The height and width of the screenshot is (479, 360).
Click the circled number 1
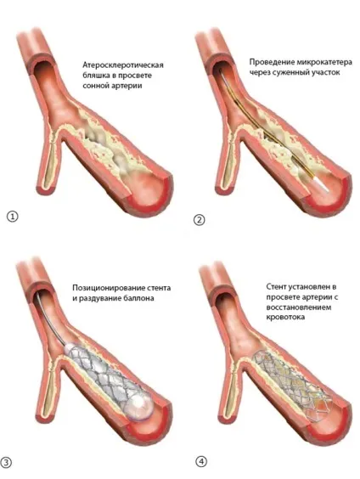pos(13,217)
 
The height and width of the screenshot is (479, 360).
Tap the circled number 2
pos(200,220)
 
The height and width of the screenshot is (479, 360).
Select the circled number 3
pos(6,463)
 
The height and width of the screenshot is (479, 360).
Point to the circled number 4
pos(201,461)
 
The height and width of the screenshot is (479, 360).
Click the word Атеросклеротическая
pos(123,65)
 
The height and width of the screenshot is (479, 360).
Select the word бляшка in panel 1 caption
pos(96,76)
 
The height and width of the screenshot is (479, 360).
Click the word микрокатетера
pos(324,62)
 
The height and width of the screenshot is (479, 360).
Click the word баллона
pos(140,298)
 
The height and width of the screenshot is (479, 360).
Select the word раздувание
pos(101,298)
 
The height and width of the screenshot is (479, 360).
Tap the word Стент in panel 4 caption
pos(277,286)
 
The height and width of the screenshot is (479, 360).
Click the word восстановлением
pos(298,307)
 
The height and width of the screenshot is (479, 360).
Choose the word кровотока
pos(285,317)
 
